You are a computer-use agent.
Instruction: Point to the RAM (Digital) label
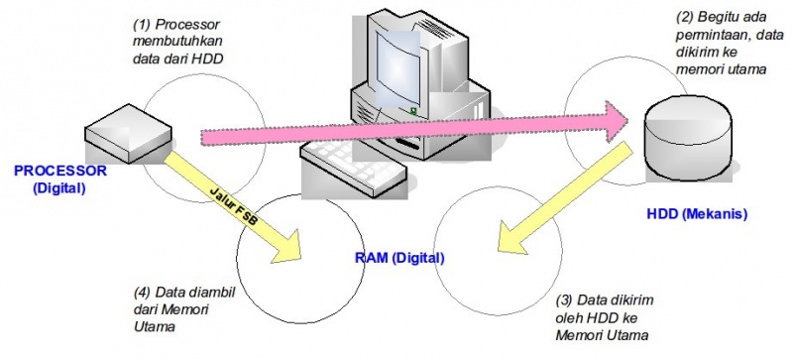399,258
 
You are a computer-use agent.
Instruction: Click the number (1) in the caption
142,22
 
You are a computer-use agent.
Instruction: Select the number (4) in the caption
142,293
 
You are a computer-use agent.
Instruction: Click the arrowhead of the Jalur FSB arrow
287,249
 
